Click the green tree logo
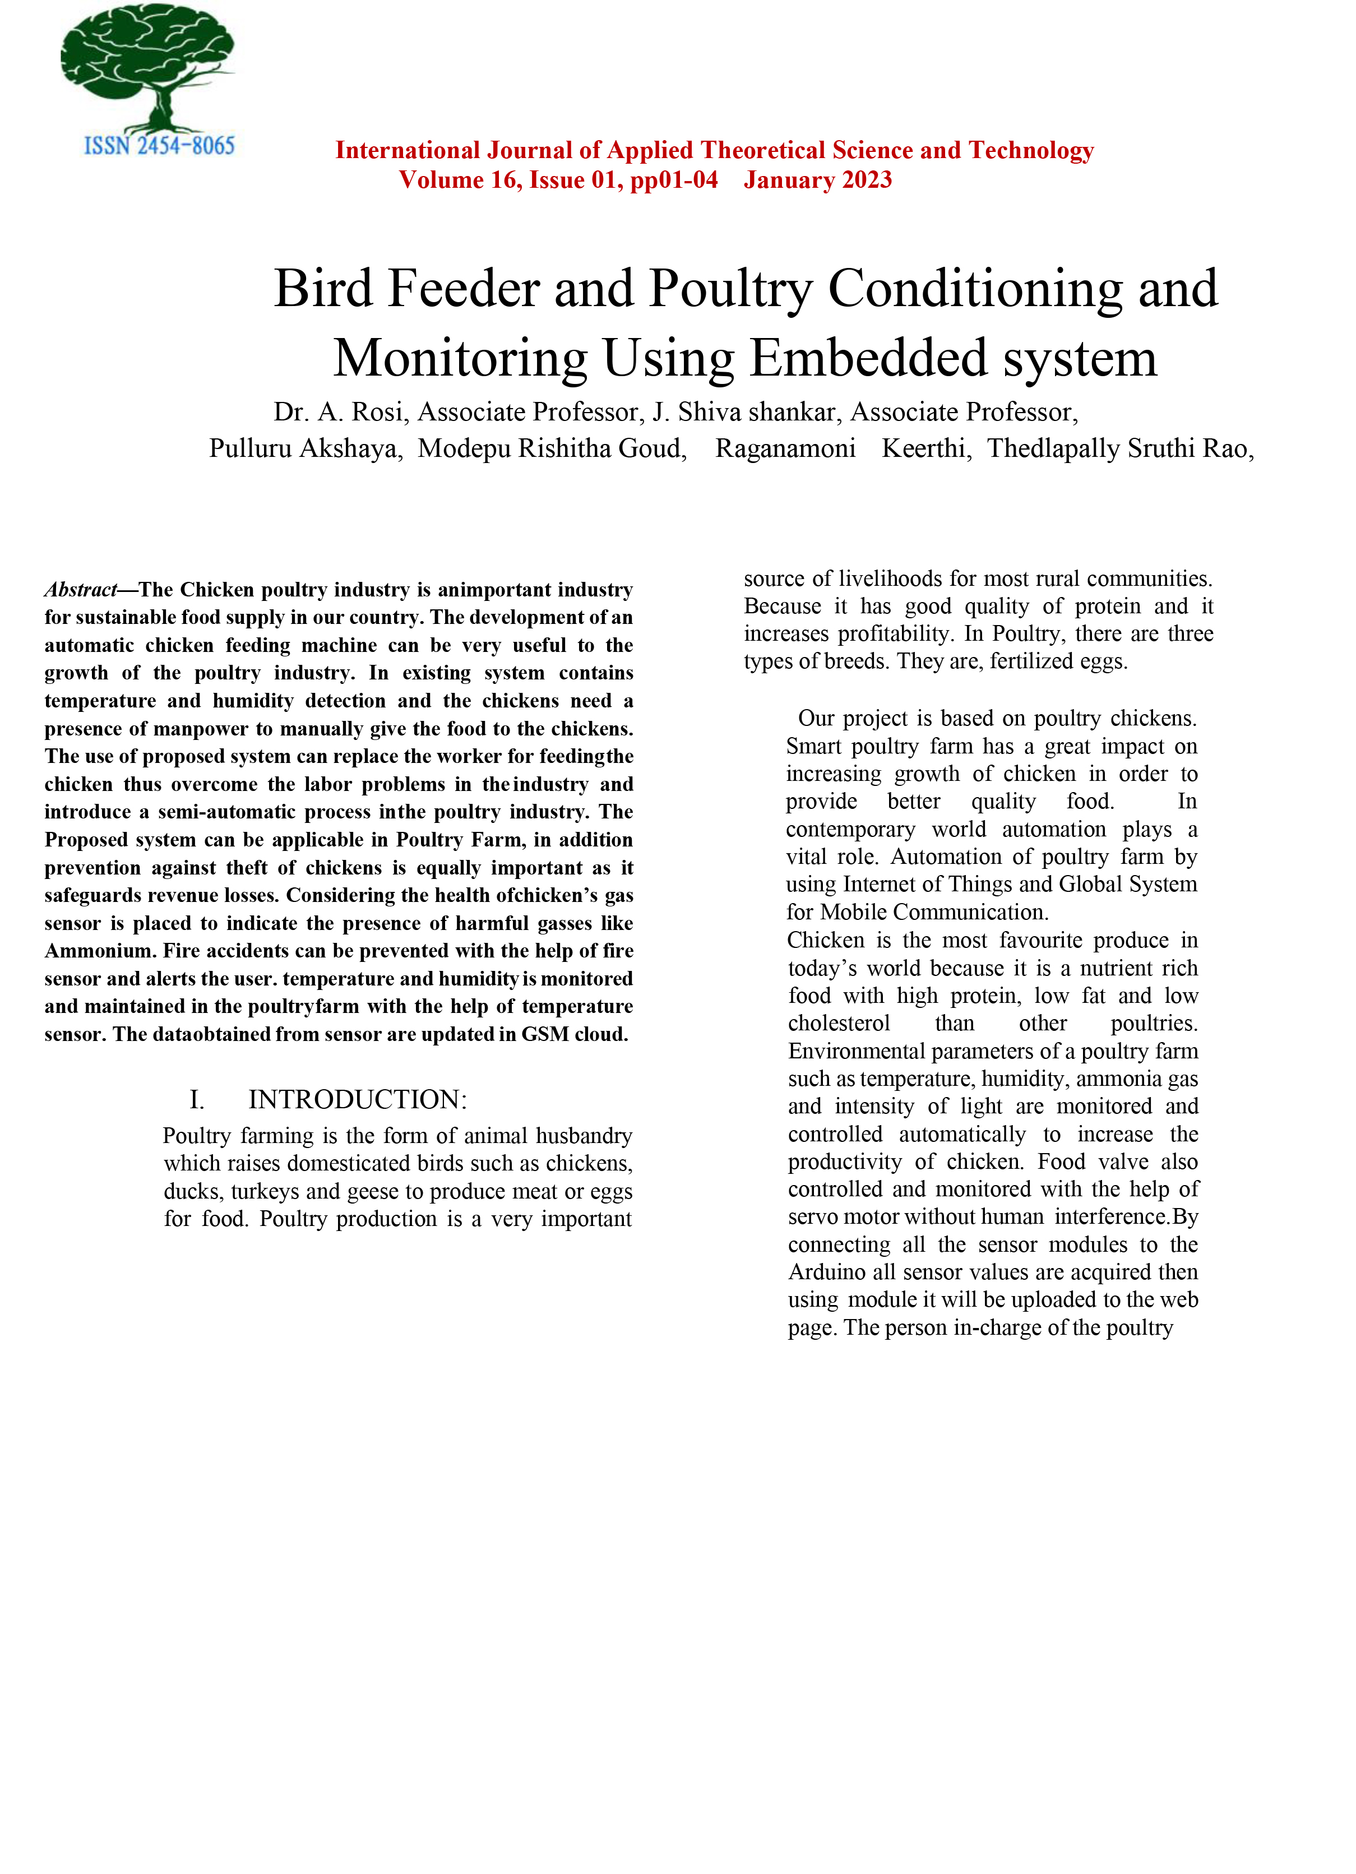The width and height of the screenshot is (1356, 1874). point(149,66)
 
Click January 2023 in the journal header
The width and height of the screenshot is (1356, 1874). point(817,180)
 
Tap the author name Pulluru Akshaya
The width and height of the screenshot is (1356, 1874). point(305,448)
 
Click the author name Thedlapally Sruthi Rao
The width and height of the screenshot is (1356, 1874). point(1119,448)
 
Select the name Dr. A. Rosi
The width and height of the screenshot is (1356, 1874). point(338,413)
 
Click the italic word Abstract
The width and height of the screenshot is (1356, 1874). point(81,590)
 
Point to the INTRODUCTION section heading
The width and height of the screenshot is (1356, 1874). point(357,1100)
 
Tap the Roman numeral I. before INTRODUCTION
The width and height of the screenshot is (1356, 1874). point(197,1100)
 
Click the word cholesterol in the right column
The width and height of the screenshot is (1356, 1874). point(839,1023)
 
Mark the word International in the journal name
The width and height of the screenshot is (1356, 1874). point(408,150)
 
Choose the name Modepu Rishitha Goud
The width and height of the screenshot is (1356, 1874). point(551,448)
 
